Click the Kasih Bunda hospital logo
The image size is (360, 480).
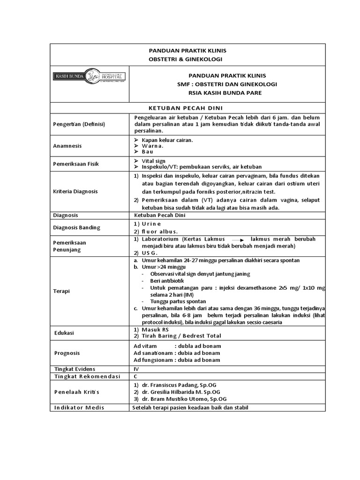(x=89, y=75)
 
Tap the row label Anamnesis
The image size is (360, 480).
(x=67, y=146)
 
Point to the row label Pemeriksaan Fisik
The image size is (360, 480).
(x=75, y=164)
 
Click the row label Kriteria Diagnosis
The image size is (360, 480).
(x=75, y=192)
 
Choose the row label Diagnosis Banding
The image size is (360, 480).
(x=76, y=228)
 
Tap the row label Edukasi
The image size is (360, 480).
(x=64, y=333)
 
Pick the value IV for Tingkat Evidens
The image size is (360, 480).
(x=136, y=369)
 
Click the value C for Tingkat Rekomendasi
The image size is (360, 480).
(x=136, y=376)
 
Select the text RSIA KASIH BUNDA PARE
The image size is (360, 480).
(x=226, y=93)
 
